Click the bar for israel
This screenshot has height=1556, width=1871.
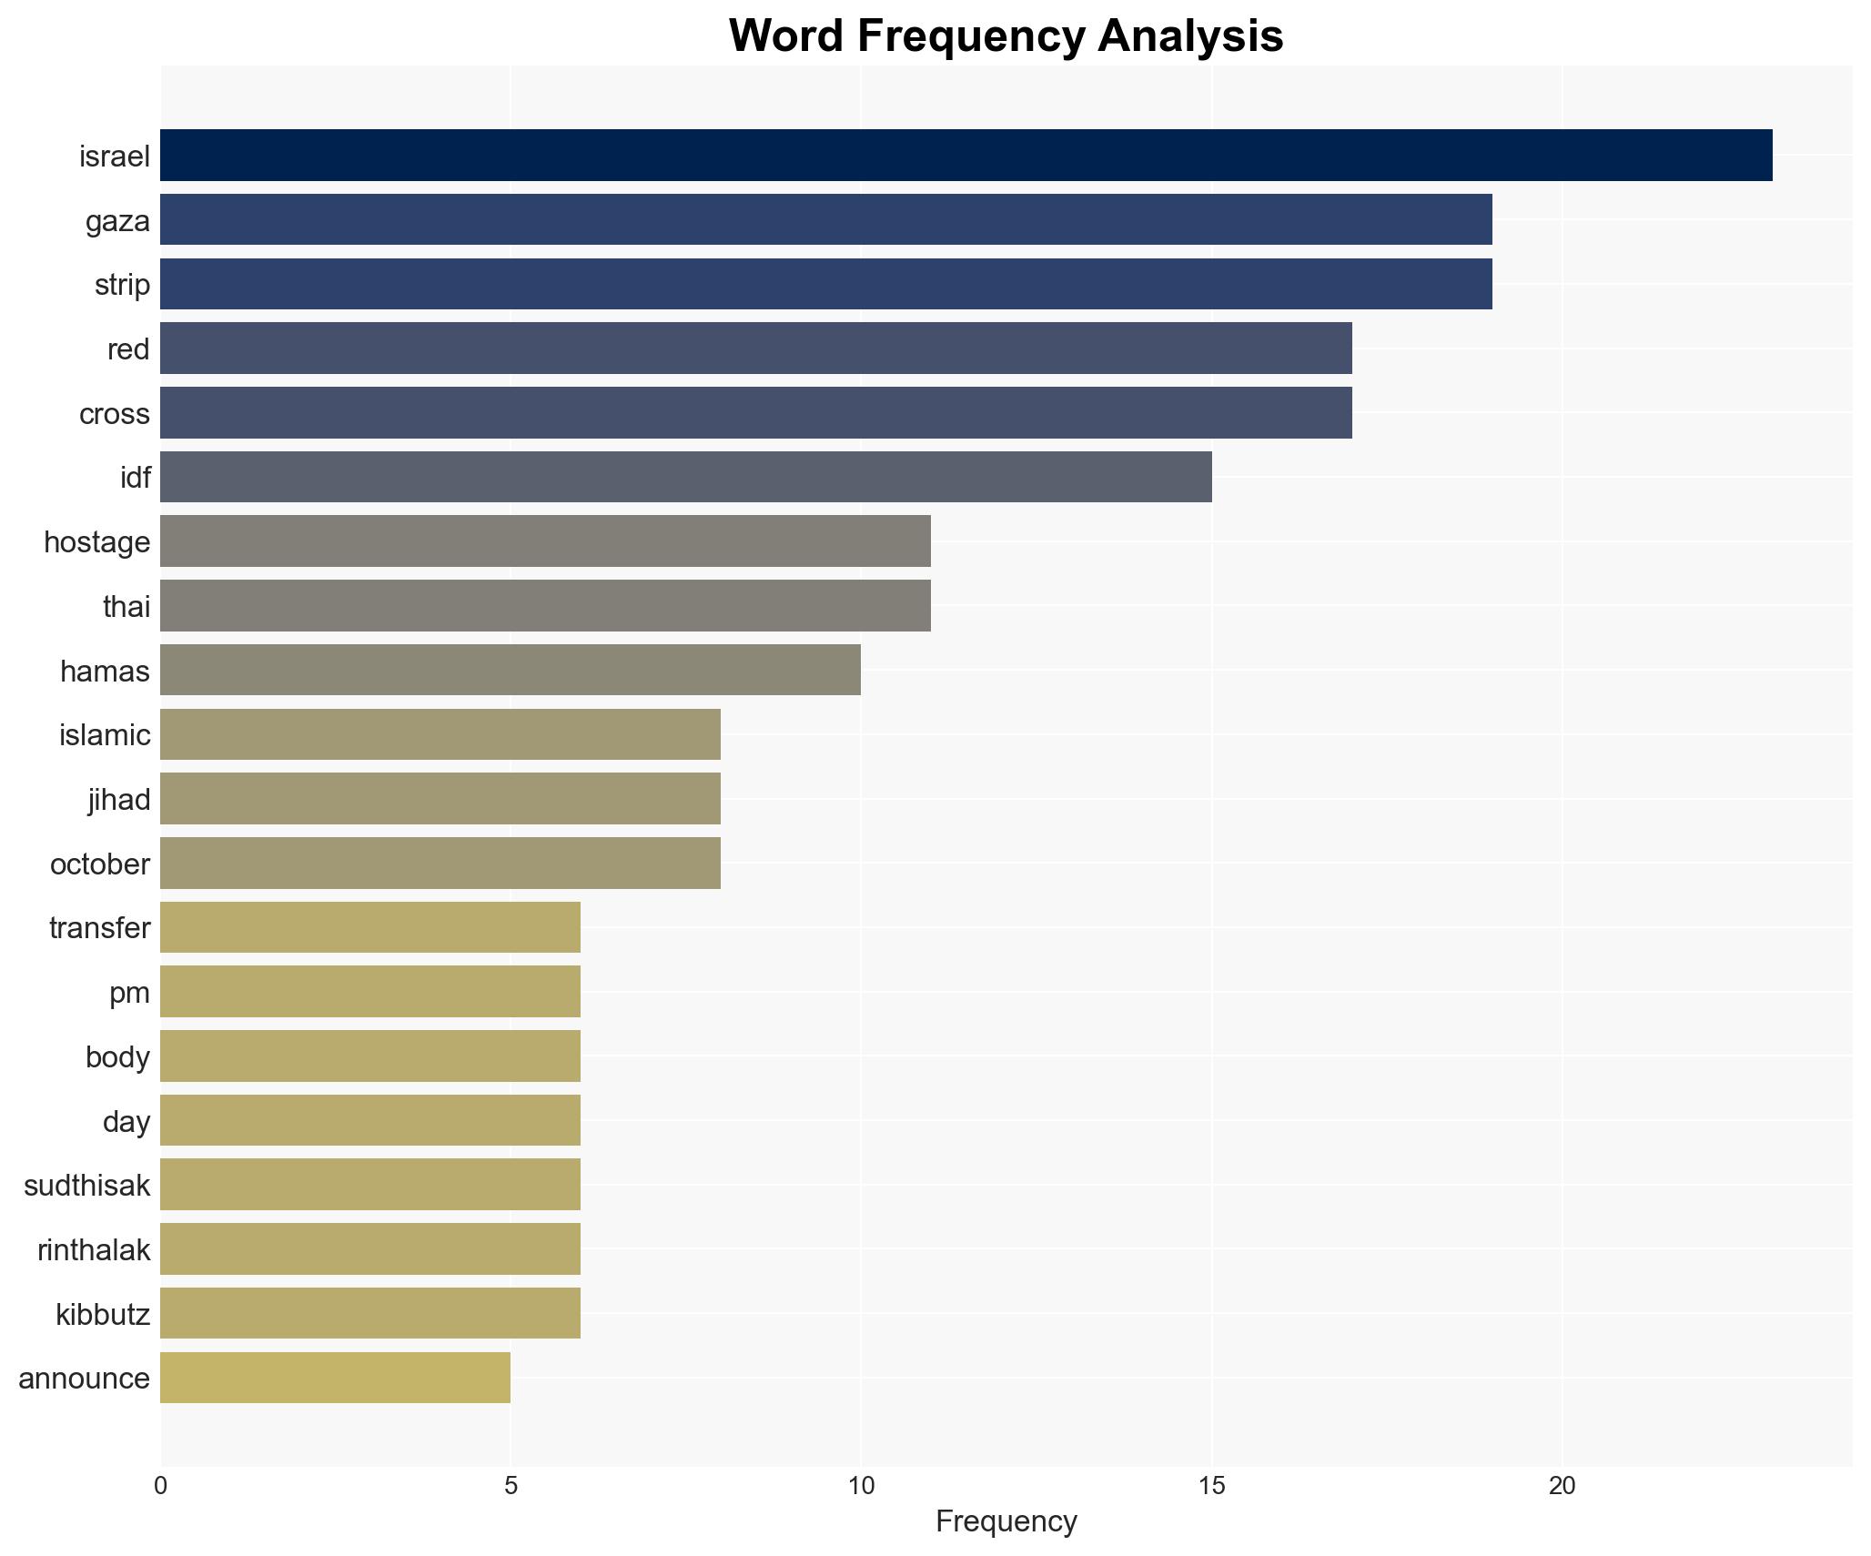(966, 156)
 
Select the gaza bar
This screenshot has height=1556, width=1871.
(825, 220)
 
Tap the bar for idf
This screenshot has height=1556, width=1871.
(685, 477)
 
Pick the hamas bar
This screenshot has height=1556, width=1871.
(510, 670)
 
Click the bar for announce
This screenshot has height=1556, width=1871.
(335, 1378)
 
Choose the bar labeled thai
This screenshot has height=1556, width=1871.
(545, 606)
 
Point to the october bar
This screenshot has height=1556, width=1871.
(440, 864)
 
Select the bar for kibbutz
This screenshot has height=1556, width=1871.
(369, 1313)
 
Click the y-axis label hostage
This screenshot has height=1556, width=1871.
(96, 542)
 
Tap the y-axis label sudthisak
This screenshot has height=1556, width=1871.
(86, 1186)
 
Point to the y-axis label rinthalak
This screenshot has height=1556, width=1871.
(93, 1250)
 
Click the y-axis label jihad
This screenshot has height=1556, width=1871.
(118, 800)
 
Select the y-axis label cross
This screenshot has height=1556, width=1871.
(114, 414)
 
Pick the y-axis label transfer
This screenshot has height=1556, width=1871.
(99, 928)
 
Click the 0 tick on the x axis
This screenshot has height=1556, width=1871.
(161, 1486)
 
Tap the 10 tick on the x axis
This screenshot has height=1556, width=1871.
(861, 1486)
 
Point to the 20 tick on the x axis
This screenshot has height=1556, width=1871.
(1562, 1486)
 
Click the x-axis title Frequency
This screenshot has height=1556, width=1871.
(1006, 1521)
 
